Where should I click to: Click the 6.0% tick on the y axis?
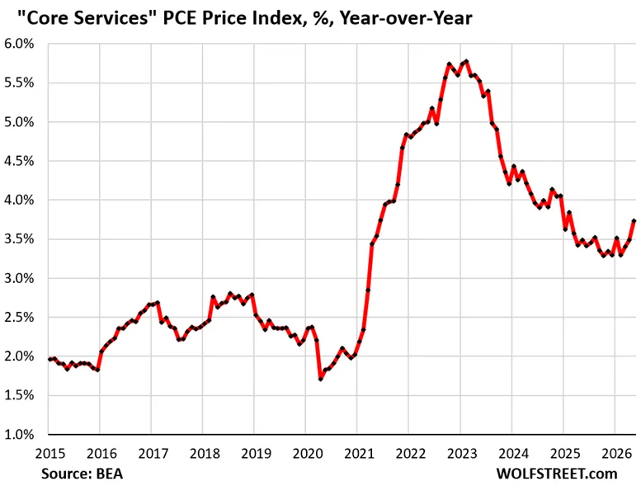[19, 44]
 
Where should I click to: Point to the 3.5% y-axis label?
[19, 239]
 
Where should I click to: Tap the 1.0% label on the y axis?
[19, 435]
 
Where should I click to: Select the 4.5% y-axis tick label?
[19, 161]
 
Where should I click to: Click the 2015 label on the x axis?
[50, 454]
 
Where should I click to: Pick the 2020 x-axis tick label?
[308, 454]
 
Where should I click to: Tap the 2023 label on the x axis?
[462, 454]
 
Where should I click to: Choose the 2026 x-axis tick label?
[616, 454]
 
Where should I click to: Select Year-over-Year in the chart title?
[407, 18]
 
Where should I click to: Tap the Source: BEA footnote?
[82, 474]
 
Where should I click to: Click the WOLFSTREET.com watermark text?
[557, 474]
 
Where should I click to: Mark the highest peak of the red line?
[466, 62]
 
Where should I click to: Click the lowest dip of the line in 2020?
[320, 379]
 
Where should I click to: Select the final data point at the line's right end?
[634, 221]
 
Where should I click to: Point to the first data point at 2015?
[49, 359]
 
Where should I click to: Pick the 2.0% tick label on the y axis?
[19, 356]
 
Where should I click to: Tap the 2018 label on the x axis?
[205, 454]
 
